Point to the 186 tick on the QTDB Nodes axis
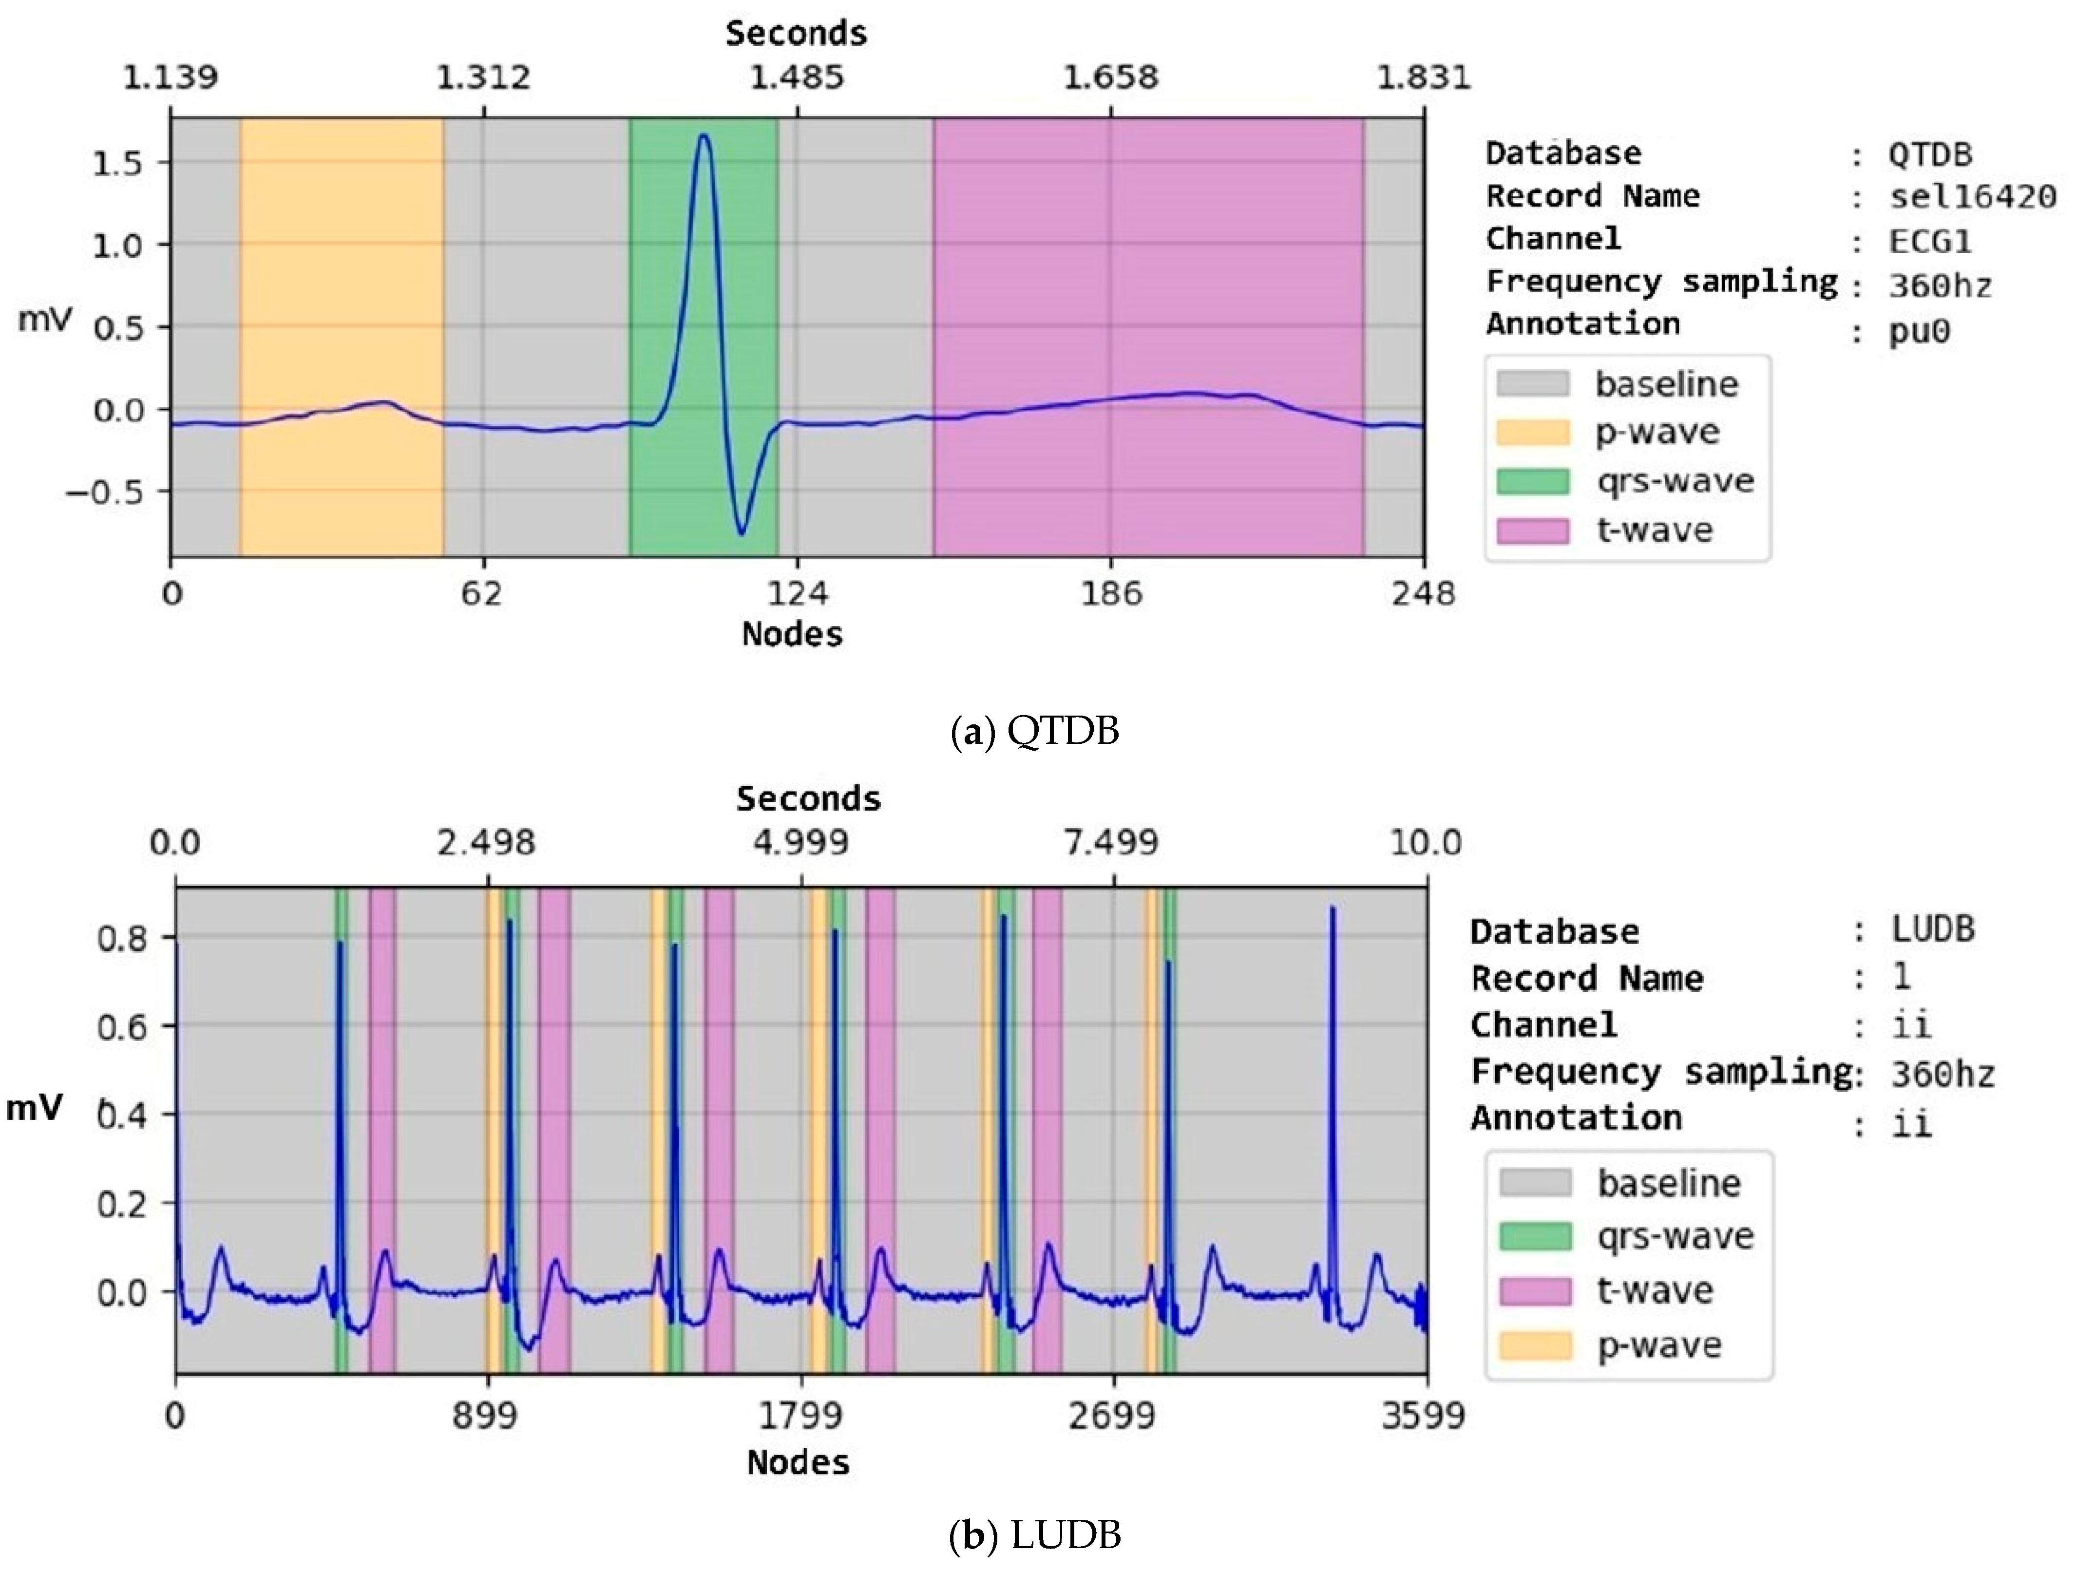pos(1111,593)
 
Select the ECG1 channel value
pos(1929,242)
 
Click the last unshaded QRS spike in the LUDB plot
pos(1333,910)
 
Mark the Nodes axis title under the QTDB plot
pos(792,634)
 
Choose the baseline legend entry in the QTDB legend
pos(1666,384)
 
